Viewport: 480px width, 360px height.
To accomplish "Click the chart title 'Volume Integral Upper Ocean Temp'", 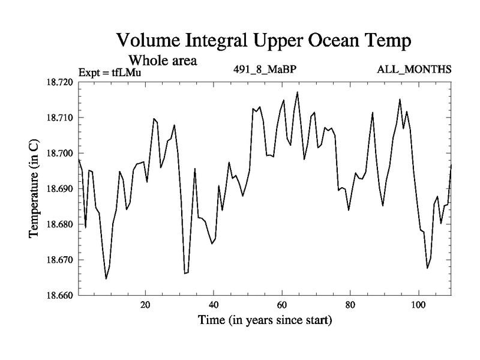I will click(263, 40).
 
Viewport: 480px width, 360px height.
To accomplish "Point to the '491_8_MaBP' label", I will click(265, 69).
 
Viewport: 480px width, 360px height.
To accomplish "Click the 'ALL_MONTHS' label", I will click(414, 69).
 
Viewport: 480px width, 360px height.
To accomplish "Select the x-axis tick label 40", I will click(214, 305).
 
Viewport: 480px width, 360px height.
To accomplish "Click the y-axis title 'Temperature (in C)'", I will click(34, 188).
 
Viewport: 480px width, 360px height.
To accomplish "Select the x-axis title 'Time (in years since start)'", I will click(265, 320).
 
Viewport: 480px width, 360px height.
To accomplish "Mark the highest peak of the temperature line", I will click(298, 92).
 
